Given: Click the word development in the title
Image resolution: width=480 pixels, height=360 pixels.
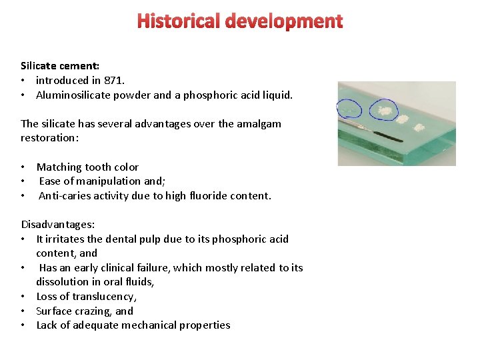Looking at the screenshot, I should coord(284,21).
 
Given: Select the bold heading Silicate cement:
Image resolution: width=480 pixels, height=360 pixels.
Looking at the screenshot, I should coord(60,66).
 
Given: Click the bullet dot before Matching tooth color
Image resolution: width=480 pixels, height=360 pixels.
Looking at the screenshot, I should coord(23,167).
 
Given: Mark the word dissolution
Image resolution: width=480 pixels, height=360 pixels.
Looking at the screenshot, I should coord(62,282).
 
